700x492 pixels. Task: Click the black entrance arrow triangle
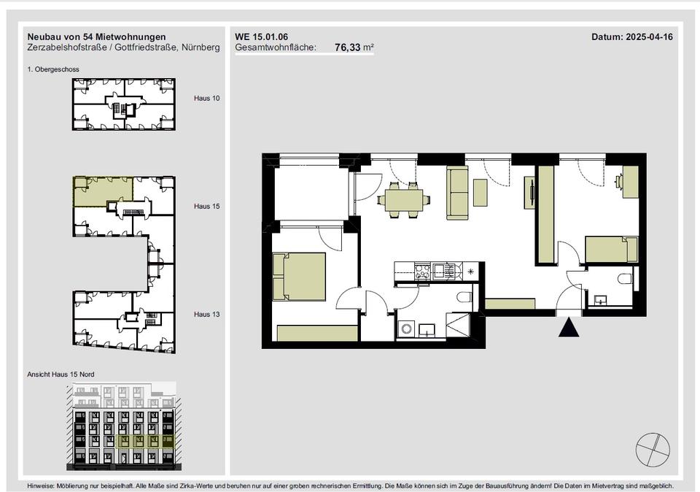coord(569,328)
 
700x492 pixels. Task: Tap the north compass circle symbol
coord(653,450)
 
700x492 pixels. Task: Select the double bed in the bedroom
coord(299,276)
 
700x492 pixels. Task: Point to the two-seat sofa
coord(458,193)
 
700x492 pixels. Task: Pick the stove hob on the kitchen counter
coord(422,270)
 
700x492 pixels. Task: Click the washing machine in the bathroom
coord(407,329)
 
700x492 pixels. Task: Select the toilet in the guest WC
coord(626,279)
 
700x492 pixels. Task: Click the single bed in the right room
coord(612,250)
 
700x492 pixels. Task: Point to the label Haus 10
coord(206,99)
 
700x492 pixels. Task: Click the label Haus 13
coord(206,315)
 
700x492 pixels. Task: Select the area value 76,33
coord(348,47)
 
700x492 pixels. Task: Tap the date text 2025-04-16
coord(649,37)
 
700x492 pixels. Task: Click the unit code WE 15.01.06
coord(262,37)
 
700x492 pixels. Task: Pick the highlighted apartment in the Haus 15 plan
coord(103,191)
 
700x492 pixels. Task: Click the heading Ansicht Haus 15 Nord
coord(61,374)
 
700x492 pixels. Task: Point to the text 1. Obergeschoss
coord(53,69)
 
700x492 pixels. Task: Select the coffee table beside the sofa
coord(481,193)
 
